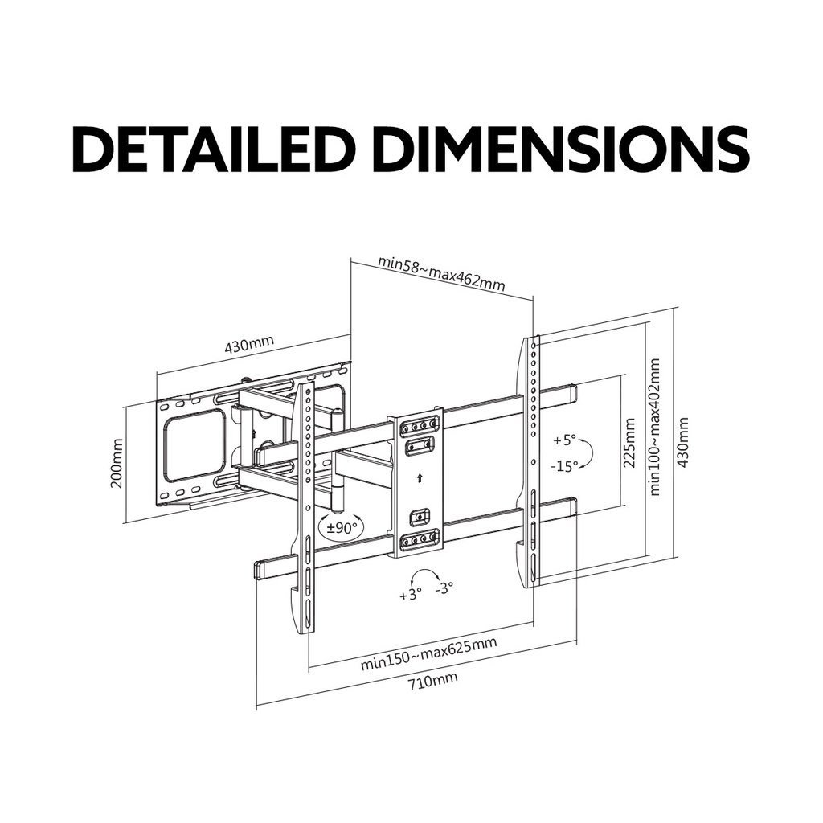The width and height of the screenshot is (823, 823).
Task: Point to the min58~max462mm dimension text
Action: tap(441, 272)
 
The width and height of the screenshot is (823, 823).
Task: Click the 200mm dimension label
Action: tap(117, 464)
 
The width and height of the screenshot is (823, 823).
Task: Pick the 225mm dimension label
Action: tap(629, 443)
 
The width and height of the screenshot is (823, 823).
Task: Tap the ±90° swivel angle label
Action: tap(342, 527)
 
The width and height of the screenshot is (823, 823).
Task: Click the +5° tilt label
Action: tap(565, 440)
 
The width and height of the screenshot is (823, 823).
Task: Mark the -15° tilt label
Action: tap(564, 465)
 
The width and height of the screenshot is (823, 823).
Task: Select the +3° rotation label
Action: tap(411, 596)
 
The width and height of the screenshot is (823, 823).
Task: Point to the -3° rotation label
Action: tap(444, 588)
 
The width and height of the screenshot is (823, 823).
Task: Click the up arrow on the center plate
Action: tap(418, 478)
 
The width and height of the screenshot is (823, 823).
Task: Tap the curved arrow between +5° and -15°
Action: tap(588, 452)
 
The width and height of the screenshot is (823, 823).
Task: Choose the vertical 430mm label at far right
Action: tap(682, 443)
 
